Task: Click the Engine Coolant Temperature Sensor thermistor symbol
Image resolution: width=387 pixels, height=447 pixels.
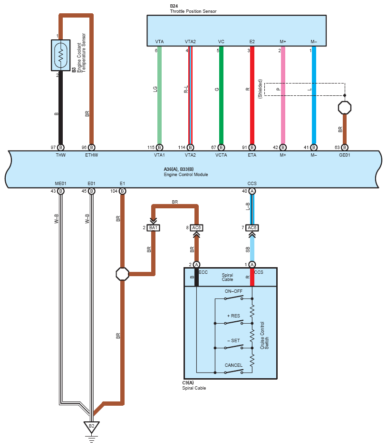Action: click(60, 55)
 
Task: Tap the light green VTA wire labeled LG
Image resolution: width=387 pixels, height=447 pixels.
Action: click(159, 95)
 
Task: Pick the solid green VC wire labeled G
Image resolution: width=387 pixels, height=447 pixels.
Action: click(221, 95)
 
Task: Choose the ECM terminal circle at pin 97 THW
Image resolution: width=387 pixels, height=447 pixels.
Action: click(60, 147)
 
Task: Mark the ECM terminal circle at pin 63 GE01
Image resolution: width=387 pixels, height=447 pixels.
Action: click(345, 147)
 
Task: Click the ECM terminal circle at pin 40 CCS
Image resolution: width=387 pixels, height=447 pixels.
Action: click(252, 191)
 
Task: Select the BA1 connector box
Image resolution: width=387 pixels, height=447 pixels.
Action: click(153, 228)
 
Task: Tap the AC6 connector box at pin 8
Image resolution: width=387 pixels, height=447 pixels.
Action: click(196, 228)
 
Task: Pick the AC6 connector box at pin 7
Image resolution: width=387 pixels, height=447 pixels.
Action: click(252, 228)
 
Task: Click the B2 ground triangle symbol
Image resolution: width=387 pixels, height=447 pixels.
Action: click(91, 426)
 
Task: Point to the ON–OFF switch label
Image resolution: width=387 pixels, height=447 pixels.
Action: click(233, 291)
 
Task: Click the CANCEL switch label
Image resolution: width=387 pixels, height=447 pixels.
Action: click(233, 365)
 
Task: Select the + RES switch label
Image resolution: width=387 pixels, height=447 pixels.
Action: click(233, 316)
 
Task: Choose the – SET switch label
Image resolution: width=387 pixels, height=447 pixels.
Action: click(233, 340)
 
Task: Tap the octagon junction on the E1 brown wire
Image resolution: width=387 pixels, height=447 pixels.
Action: click(122, 274)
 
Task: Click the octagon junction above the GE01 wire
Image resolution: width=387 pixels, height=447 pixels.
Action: click(345, 107)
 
